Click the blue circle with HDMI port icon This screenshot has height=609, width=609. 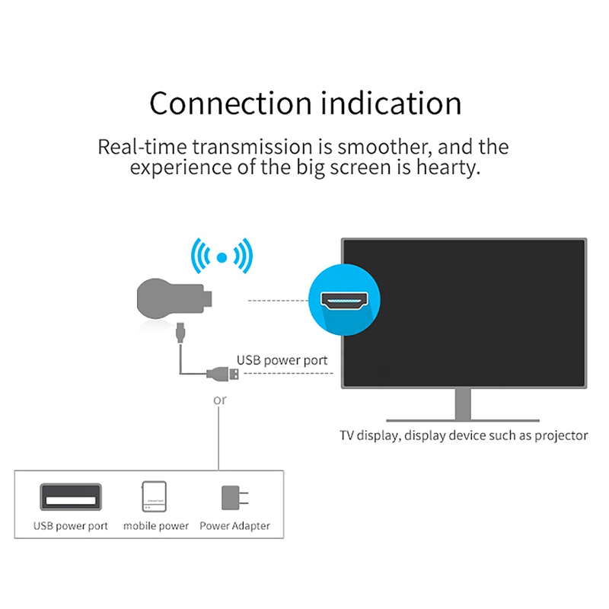(344, 300)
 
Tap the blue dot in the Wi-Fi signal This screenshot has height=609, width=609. (221, 257)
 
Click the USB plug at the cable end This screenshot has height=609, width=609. (224, 373)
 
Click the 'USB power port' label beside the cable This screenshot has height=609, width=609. (282, 360)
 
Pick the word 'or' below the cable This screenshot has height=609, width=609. (220, 400)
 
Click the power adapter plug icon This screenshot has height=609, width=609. (231, 497)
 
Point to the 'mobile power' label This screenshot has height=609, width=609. (156, 526)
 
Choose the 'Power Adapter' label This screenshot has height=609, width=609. (234, 526)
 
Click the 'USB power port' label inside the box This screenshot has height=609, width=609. (71, 526)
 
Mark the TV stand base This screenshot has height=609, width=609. (463, 418)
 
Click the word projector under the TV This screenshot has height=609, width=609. (556, 435)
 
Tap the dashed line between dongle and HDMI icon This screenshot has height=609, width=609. (279, 301)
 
